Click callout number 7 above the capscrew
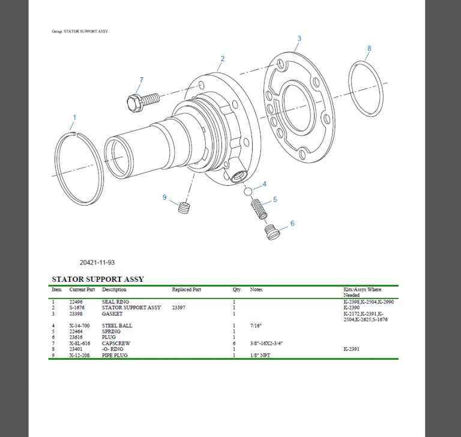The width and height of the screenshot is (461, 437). coord(141,80)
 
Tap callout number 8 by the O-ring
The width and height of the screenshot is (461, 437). coord(369,48)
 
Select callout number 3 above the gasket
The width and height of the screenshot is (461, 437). coord(299,39)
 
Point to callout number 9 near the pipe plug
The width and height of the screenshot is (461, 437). coord(164,197)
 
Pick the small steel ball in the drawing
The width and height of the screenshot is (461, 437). coord(247,192)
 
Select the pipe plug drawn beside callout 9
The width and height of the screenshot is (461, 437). coord(185,208)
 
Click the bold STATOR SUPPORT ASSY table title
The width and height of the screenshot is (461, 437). coord(98,279)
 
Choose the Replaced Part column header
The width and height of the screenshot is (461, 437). coord(186,290)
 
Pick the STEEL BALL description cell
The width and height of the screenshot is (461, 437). coord(117,326)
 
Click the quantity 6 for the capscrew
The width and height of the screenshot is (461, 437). coord(234,343)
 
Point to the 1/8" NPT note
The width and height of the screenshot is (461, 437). coord(260,355)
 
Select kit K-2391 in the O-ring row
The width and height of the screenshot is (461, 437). coord(351,349)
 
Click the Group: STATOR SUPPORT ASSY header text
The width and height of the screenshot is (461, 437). coord(80,31)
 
